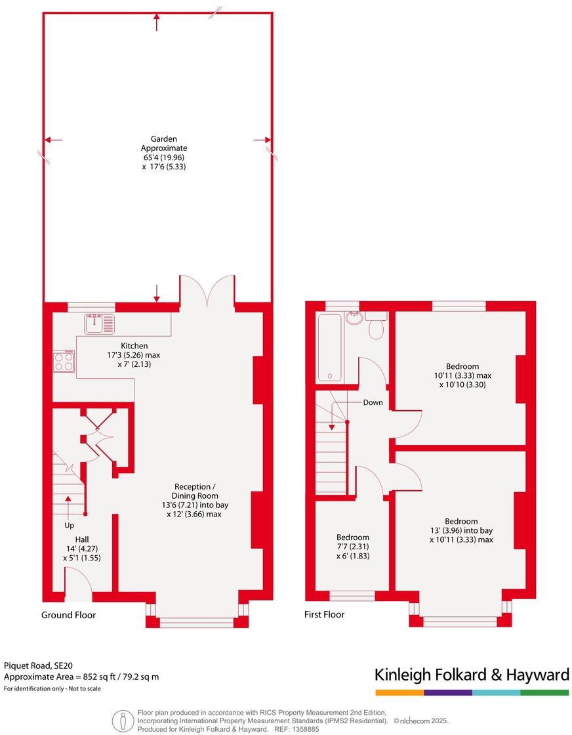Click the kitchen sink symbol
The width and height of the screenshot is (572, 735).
[x=99, y=324]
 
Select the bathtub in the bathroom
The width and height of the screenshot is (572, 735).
[x=330, y=347]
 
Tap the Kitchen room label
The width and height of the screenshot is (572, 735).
[x=134, y=346]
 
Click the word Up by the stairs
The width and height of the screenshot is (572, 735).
[x=70, y=525]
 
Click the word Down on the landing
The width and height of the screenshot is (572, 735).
[x=373, y=402]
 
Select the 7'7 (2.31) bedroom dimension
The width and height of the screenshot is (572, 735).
[x=353, y=546]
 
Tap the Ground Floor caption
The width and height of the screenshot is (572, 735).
[x=68, y=615]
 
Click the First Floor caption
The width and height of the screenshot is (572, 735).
[x=324, y=614]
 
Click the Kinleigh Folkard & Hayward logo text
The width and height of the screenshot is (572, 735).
[x=472, y=675]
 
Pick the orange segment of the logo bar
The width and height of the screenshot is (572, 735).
[x=399, y=692]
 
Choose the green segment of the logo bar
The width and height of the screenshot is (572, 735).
[x=544, y=692]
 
